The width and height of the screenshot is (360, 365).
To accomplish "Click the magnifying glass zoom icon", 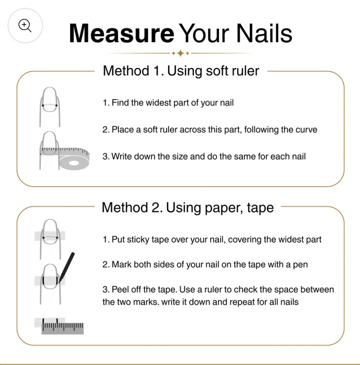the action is (25, 26).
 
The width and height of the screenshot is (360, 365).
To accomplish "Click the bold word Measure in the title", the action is (121, 33).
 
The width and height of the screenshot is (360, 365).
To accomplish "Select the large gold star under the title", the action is (180, 53).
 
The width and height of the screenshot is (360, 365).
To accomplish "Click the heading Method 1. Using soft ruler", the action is (181, 71).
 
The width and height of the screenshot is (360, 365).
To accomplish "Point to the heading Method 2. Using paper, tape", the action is (187, 208).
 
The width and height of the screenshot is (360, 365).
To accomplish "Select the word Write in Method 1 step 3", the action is (121, 156).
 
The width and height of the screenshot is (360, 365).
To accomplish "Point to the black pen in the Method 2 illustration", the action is (67, 267).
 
